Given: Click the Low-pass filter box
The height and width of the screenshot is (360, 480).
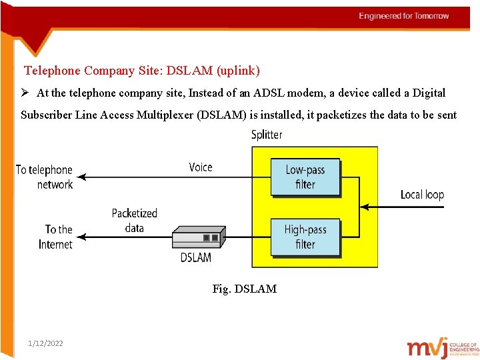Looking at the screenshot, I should [305, 177].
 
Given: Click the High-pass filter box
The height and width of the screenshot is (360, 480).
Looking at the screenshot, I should [305, 237].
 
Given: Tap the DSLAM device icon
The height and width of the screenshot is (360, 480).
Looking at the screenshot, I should [199, 237].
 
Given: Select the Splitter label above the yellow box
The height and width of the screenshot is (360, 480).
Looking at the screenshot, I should [267, 135].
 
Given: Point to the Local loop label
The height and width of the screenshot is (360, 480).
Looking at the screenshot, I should [422, 195].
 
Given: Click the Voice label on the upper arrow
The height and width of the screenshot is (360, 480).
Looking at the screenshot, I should [201, 167].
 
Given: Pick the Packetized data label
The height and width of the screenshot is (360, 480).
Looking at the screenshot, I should [134, 221].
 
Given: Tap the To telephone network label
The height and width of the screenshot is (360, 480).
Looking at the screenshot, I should [44, 177].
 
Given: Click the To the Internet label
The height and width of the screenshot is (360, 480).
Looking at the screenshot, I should [56, 237].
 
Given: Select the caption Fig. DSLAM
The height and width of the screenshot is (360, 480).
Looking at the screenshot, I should [244, 289].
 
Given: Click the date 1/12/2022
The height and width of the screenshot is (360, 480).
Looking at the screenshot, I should [46, 343].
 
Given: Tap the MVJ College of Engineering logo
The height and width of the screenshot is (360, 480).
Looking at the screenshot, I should [443, 347].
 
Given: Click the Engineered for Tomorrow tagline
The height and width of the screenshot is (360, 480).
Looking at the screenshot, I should [404, 16].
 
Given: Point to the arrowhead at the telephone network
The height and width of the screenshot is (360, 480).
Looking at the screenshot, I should [81, 177].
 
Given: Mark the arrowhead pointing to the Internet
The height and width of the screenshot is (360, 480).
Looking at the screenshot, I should [81, 237].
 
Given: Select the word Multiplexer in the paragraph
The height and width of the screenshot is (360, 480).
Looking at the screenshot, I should [162, 115].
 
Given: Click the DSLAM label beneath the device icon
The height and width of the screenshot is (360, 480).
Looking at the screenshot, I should [195, 257].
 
